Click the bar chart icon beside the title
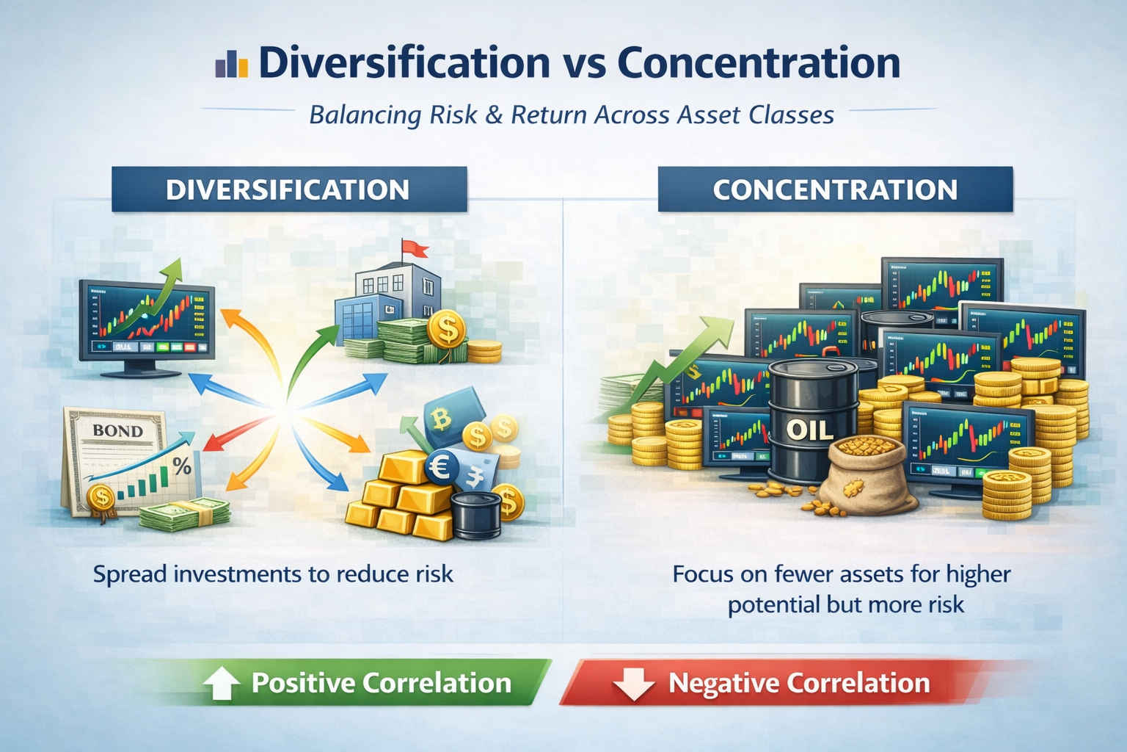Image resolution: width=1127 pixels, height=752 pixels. coord(231,64)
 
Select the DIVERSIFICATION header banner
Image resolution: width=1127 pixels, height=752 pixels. coord(288,189)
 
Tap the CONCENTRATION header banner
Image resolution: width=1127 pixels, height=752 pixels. coord(835,189)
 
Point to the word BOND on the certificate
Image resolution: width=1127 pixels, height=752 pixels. coord(117,430)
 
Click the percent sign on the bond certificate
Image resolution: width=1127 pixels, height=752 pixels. coord(181,466)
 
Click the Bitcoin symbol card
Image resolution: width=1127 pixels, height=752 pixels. coord(442,419)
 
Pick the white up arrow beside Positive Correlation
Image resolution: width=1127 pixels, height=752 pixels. coord(221,684)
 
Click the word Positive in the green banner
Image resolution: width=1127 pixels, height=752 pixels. coord(303,683)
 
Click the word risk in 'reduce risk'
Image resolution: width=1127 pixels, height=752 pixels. coord(433,574)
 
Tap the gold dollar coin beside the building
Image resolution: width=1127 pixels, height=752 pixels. coord(446,330)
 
